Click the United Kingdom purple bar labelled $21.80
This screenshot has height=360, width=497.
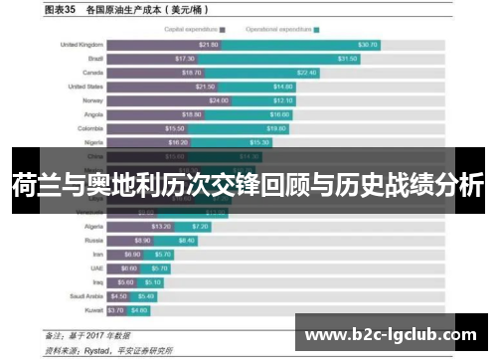tap(163, 45)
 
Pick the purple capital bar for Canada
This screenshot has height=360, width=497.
tap(154, 73)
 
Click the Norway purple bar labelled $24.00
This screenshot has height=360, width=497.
tap(169, 100)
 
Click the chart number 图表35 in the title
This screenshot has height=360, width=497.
tap(60, 11)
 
